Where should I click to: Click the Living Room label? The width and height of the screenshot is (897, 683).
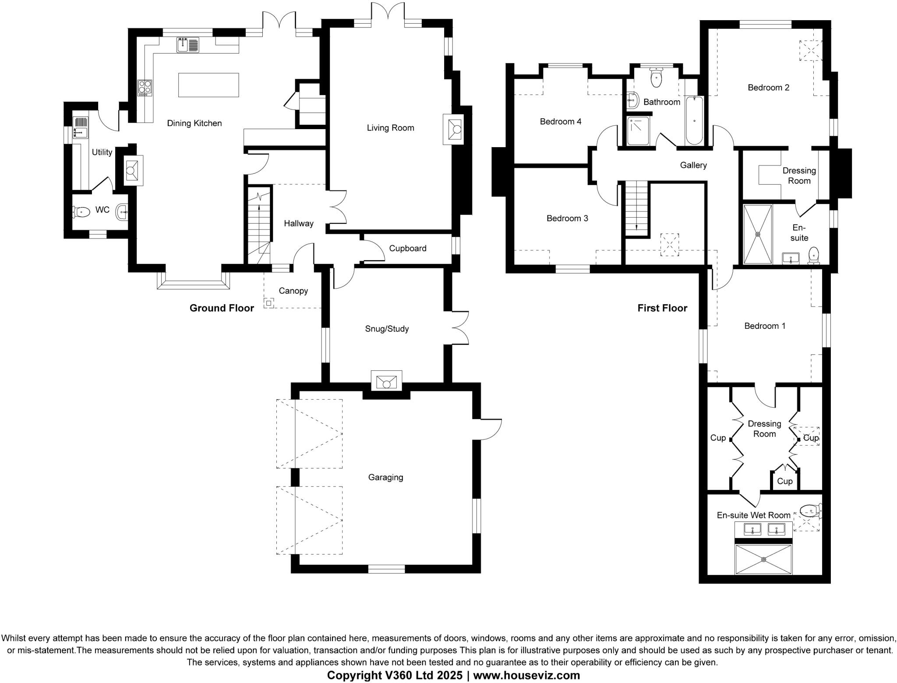tap(390, 128)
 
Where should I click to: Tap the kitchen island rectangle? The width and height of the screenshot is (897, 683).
tap(208, 85)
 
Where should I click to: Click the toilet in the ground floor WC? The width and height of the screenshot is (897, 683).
tap(81, 212)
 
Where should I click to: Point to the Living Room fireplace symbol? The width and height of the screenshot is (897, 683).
tap(453, 129)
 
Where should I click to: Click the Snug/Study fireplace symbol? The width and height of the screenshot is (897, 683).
tap(386, 381)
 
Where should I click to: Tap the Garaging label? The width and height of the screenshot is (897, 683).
tap(385, 477)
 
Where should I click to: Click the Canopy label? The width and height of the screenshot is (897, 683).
tap(293, 291)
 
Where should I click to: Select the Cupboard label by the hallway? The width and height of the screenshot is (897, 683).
tap(407, 248)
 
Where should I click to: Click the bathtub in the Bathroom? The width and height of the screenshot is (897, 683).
tap(694, 120)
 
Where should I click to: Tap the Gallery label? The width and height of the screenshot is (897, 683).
tap(693, 165)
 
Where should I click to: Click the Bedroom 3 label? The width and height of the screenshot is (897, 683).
tap(567, 218)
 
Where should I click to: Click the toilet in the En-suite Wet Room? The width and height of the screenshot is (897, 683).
tap(810, 510)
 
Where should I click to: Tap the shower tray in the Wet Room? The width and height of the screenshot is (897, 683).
tap(763, 559)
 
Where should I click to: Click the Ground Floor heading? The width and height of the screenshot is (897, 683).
tap(222, 308)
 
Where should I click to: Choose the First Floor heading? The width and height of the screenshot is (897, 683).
tap(662, 308)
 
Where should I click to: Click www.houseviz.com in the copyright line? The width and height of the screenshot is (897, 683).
tap(526, 675)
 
